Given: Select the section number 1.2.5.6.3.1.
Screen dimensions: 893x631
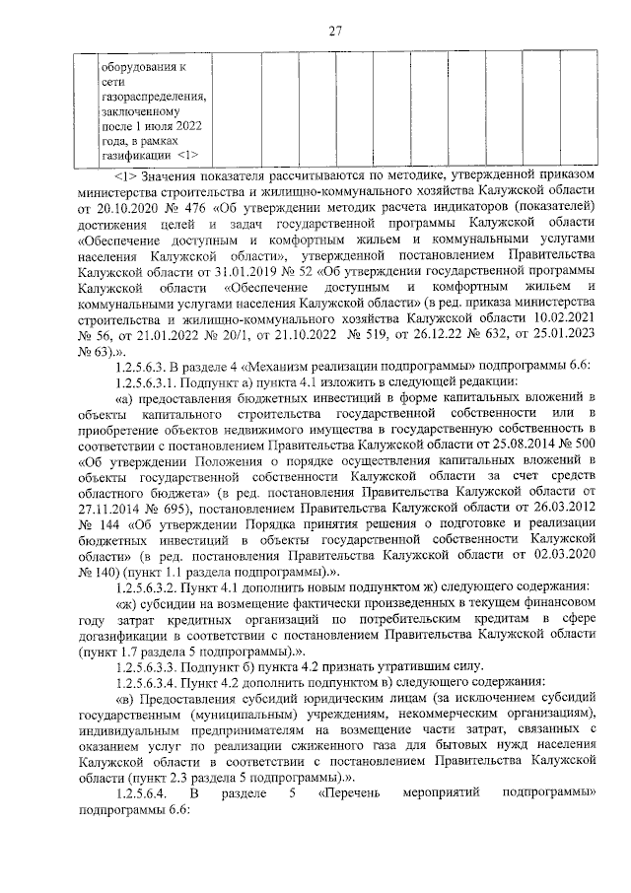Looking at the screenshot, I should click(153, 380).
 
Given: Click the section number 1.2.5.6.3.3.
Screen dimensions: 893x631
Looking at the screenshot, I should click(153, 664).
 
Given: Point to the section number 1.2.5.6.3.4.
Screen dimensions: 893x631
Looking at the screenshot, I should click(153, 680).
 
